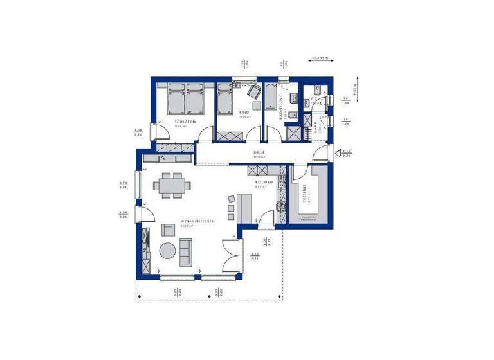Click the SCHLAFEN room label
185,122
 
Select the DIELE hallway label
259,152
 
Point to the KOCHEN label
264,182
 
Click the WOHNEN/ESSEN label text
197,221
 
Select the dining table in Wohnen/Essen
172,186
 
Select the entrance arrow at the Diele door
338,153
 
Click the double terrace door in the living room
230,252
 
